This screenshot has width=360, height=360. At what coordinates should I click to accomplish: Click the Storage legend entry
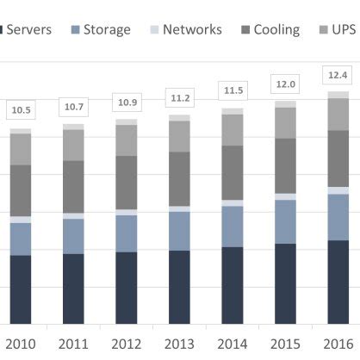click(x=99, y=29)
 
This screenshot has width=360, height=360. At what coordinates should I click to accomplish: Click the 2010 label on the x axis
click(x=21, y=344)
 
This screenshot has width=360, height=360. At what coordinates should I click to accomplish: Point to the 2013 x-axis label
click(x=179, y=344)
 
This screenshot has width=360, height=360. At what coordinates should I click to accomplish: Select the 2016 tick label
click(x=338, y=344)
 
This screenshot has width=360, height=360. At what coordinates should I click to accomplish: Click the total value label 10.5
click(x=21, y=109)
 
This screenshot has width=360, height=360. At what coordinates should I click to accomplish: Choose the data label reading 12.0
click(x=285, y=84)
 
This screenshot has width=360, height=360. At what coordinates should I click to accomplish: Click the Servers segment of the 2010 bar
click(x=21, y=289)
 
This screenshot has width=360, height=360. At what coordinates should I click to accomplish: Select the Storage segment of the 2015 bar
click(x=285, y=221)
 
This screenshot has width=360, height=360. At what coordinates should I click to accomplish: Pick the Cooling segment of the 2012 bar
click(x=127, y=182)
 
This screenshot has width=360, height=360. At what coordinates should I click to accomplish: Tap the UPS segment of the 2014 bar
click(x=233, y=129)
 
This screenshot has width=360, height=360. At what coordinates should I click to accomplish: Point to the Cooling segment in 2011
click(x=73, y=186)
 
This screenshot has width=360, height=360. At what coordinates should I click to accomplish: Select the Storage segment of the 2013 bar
click(x=179, y=230)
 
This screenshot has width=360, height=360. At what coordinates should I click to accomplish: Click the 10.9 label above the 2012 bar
click(x=127, y=102)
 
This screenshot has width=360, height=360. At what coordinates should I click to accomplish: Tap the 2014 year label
click(x=233, y=344)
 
